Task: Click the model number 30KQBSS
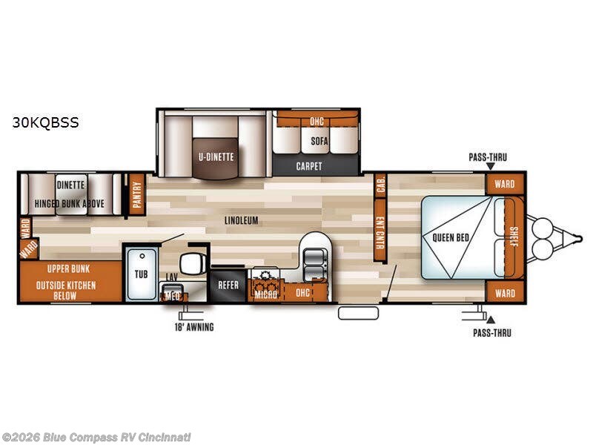45,122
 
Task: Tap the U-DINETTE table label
216,156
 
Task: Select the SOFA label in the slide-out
319,141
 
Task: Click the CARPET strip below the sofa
309,166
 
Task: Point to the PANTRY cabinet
137,194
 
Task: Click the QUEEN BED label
451,237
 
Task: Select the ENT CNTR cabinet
380,230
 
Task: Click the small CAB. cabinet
380,185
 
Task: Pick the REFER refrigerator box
228,285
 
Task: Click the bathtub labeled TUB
142,274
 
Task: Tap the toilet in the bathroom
193,263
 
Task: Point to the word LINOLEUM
242,220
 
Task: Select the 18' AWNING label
194,327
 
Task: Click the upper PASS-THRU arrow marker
491,166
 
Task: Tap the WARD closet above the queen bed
505,184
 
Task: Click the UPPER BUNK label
68,269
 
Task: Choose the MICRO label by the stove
266,294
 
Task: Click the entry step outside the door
358,313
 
